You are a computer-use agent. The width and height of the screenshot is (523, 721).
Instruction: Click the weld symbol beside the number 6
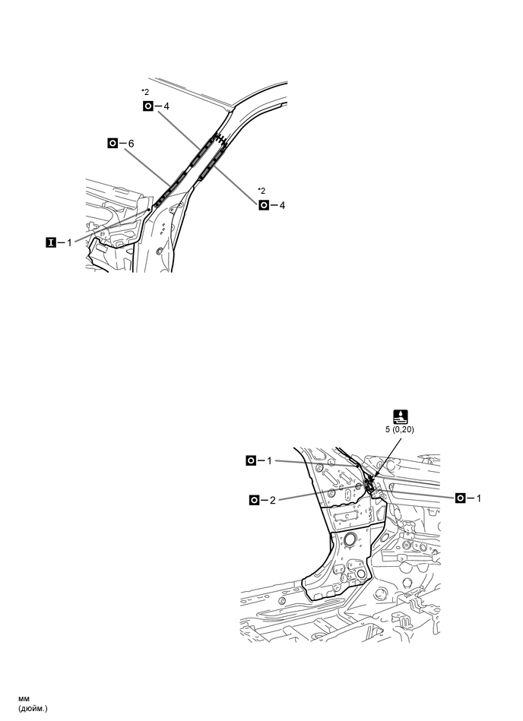pyautogui.click(x=113, y=143)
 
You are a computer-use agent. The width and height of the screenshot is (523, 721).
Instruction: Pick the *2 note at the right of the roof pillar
pyautogui.click(x=261, y=190)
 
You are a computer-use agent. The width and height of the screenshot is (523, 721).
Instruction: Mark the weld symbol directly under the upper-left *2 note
pyautogui.click(x=147, y=106)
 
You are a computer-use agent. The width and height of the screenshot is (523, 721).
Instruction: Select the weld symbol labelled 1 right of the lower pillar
pyautogui.click(x=461, y=498)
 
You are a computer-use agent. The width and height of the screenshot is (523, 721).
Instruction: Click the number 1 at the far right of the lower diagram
pyautogui.click(x=479, y=498)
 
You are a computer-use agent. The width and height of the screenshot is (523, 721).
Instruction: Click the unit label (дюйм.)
pyautogui.click(x=33, y=709)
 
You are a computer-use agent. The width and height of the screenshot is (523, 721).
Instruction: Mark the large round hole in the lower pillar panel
pyautogui.click(x=352, y=542)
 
